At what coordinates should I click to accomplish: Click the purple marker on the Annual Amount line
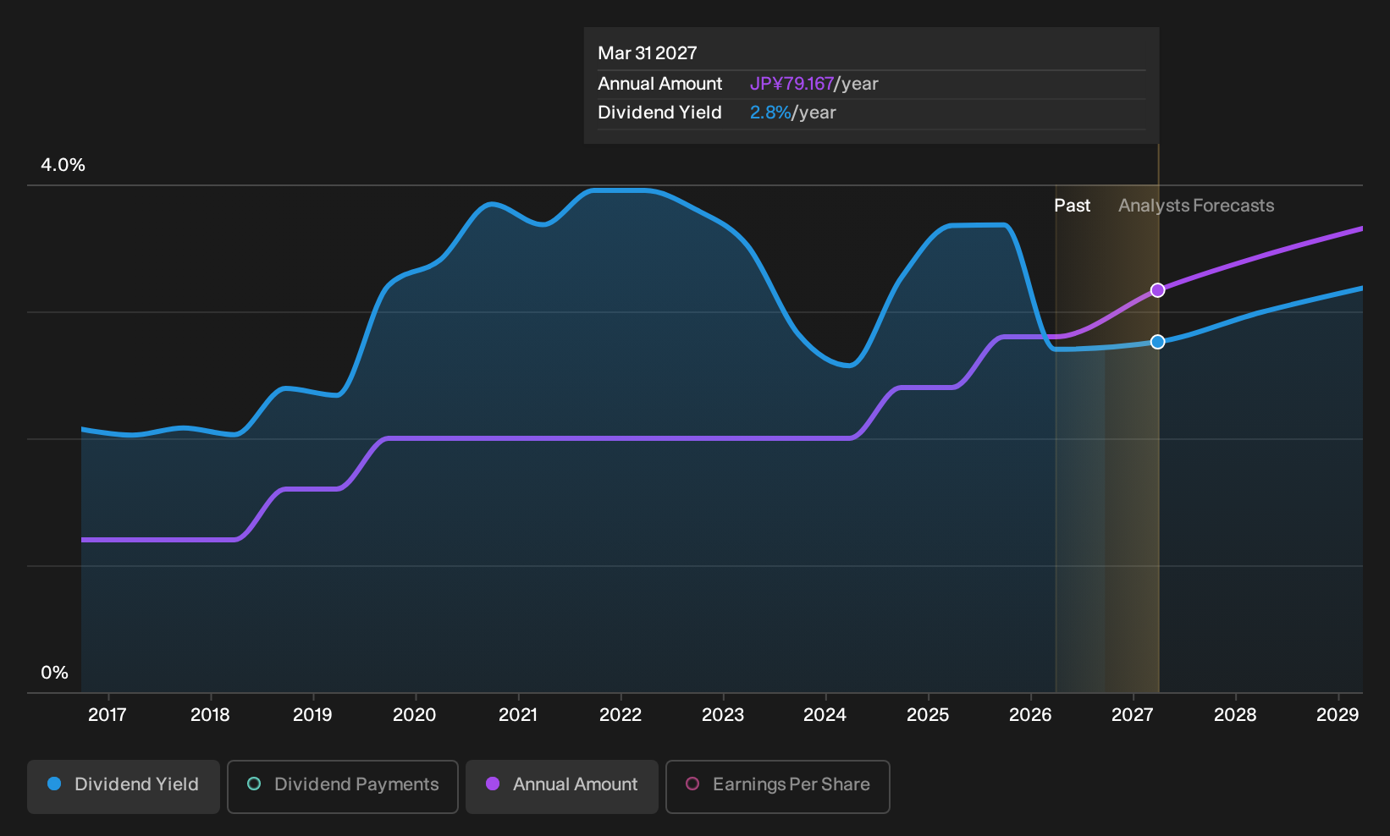click(1157, 290)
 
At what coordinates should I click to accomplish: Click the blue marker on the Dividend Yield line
click(1157, 342)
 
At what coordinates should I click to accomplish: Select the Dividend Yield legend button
click(124, 786)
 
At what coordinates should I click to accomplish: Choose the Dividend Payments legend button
click(343, 786)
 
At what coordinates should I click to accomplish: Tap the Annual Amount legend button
click(561, 786)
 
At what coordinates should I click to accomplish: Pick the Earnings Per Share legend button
click(777, 786)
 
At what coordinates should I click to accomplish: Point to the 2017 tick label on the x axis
click(108, 715)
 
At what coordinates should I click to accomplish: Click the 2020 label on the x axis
click(415, 715)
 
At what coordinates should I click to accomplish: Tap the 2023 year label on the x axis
click(723, 715)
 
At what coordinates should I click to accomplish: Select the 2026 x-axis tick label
click(1030, 715)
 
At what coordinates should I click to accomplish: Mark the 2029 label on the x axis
click(1338, 715)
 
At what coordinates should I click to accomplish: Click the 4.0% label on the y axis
click(63, 165)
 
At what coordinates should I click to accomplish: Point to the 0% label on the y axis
click(55, 673)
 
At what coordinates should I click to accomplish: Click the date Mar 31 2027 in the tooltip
click(648, 53)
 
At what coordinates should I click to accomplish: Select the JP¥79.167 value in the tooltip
click(792, 84)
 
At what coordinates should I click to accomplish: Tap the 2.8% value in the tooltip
click(770, 113)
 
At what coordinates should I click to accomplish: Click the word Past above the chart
click(1073, 206)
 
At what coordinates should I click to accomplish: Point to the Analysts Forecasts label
click(1196, 206)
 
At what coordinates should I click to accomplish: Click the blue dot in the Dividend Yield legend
click(55, 784)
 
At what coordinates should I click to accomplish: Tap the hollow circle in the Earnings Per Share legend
click(692, 784)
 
